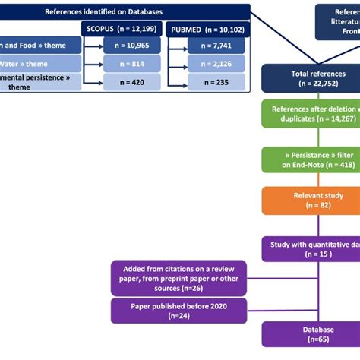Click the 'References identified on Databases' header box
pos(125,11)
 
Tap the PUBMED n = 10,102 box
pos(202,30)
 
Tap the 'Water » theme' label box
pos(38,65)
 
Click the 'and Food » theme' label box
pos(38,46)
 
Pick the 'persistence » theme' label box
pos(38,83)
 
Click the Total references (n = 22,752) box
pos(311,78)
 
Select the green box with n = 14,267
pos(311,113)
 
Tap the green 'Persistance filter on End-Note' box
pos(311,160)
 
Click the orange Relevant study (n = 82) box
pos(311,201)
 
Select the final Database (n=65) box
pos(311,334)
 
